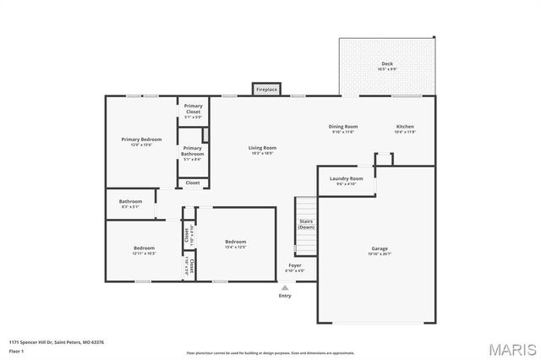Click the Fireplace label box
click(x=267, y=89)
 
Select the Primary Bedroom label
click(x=141, y=141)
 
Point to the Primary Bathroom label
click(x=193, y=152)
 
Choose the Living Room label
click(x=262, y=150)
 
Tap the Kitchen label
click(x=405, y=129)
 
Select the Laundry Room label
click(x=346, y=181)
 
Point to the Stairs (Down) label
click(x=306, y=225)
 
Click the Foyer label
click(x=295, y=268)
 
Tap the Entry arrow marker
click(x=285, y=287)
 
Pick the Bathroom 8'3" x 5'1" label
click(x=131, y=204)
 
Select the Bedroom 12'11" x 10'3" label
click(x=144, y=251)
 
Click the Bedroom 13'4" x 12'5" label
click(x=235, y=244)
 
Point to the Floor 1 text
click(x=17, y=351)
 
